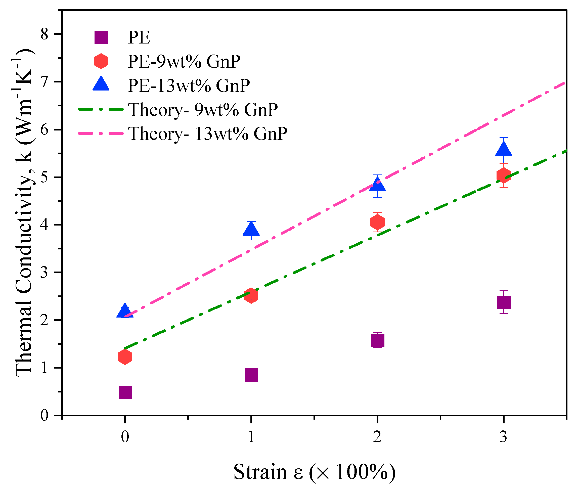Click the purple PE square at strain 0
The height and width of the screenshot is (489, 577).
pyautogui.click(x=125, y=392)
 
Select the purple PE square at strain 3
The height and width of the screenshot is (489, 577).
pyautogui.click(x=504, y=302)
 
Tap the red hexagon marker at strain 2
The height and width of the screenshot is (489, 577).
pyautogui.click(x=377, y=222)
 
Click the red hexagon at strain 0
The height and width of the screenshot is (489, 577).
pyautogui.click(x=125, y=357)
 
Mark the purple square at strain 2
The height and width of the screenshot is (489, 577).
pyautogui.click(x=377, y=340)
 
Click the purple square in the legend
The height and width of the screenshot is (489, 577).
pyautogui.click(x=101, y=37)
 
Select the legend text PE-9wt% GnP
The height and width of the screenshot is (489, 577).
pyautogui.click(x=184, y=61)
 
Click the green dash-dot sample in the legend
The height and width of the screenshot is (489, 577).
pyautogui.click(x=101, y=110)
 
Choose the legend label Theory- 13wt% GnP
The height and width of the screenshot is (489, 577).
pyautogui.click(x=207, y=134)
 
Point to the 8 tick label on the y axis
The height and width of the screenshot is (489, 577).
pyautogui.click(x=44, y=34)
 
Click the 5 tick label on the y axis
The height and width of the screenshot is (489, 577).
pyautogui.click(x=44, y=177)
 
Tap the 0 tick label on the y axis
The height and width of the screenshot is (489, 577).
pyautogui.click(x=44, y=415)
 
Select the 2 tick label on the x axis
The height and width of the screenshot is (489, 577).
pyautogui.click(x=377, y=437)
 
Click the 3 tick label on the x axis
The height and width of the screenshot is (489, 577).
pyautogui.click(x=503, y=437)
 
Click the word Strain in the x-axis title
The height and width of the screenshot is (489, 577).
pyautogui.click(x=260, y=472)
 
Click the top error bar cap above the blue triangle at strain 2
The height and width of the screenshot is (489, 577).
pyautogui.click(x=377, y=175)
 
